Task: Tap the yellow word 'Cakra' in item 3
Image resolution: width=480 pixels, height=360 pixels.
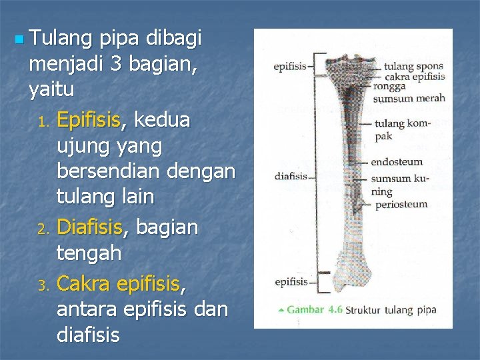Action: [x=84, y=285]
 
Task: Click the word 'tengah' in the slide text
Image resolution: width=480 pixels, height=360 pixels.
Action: [x=89, y=253]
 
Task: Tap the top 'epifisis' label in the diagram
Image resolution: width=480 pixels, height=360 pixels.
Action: [x=291, y=67]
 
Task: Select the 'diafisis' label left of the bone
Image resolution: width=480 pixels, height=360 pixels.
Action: [x=291, y=177]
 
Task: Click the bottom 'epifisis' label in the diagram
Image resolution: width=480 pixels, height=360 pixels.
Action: [x=291, y=282]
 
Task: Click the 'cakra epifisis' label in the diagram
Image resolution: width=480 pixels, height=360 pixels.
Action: [x=410, y=76]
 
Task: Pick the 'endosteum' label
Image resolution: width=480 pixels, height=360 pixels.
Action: [x=397, y=161]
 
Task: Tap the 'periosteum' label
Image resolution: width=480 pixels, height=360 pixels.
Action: [x=401, y=204]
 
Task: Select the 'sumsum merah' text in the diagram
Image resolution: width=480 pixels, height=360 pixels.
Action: [x=409, y=99]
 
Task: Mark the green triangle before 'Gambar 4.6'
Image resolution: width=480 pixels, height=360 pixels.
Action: [x=281, y=309]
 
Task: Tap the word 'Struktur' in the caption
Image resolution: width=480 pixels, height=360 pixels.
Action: [x=367, y=309]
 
